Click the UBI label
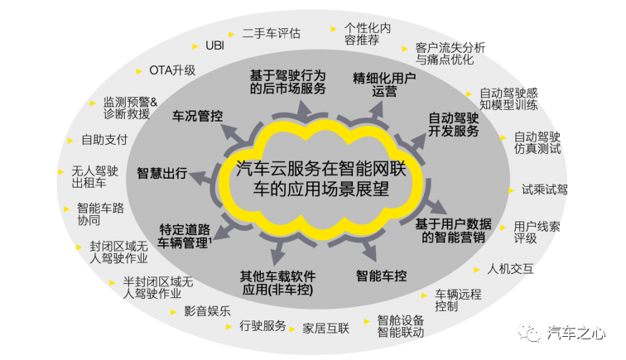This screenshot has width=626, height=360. [214, 46]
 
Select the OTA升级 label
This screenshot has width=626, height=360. [172, 70]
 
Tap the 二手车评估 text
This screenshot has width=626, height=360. [272, 33]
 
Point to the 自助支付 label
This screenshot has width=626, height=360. [104, 140]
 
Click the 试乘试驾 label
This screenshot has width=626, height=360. [545, 190]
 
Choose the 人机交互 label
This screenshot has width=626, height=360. [510, 269]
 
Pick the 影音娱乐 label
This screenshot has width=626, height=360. [207, 311]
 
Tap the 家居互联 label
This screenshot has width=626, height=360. [325, 328]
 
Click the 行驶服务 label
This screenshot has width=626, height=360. [262, 326]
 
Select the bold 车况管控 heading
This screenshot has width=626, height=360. [198, 116]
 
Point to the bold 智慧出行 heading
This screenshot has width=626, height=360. [162, 173]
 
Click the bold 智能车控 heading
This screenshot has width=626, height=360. [381, 276]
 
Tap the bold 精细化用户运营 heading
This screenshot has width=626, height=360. [384, 84]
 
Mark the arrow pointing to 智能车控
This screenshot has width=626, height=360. [368, 249]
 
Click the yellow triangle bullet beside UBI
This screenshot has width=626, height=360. [195, 46]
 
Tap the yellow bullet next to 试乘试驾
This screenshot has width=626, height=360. [511, 190]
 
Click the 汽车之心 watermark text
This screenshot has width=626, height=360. [576, 332]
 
